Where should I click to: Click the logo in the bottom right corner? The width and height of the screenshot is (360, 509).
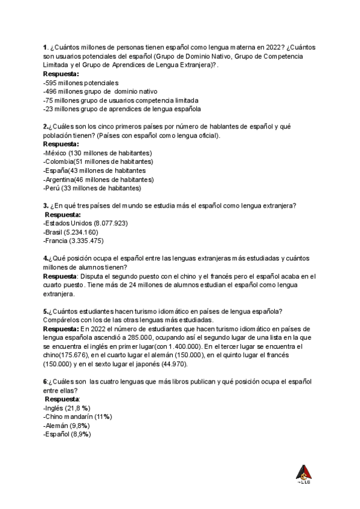304,474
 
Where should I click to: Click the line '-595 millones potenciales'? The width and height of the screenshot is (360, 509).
81,82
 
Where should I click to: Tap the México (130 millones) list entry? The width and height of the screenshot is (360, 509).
98,153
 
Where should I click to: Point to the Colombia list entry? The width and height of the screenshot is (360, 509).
98,161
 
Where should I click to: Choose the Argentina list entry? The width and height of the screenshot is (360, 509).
98,179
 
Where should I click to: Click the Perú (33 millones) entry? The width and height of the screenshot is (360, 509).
92,188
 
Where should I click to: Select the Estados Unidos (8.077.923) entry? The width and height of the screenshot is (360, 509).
85,223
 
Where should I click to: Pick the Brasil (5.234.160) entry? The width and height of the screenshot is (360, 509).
71,232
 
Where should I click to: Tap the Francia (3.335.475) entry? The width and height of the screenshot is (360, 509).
74,241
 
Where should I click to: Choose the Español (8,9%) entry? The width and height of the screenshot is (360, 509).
67,434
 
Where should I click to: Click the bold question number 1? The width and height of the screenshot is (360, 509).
45,47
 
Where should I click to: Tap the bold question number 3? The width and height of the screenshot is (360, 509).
46,206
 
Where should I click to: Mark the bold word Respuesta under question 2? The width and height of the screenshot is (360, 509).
61,144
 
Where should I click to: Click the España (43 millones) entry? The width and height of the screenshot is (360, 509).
94,170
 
